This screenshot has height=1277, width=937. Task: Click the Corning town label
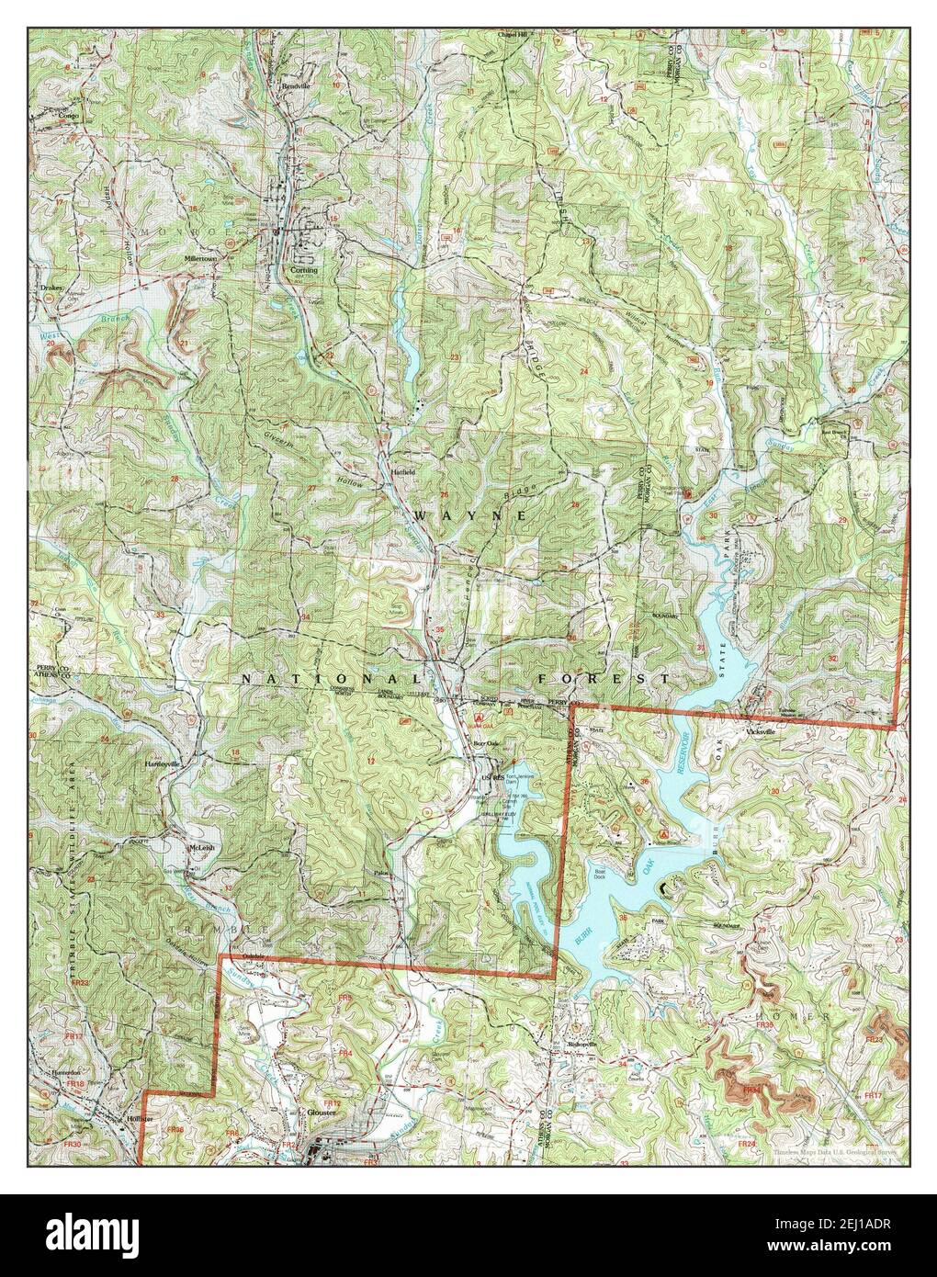[x=304, y=271]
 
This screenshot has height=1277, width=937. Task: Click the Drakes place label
[x=51, y=288]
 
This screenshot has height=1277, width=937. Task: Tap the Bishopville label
[x=577, y=1045]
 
